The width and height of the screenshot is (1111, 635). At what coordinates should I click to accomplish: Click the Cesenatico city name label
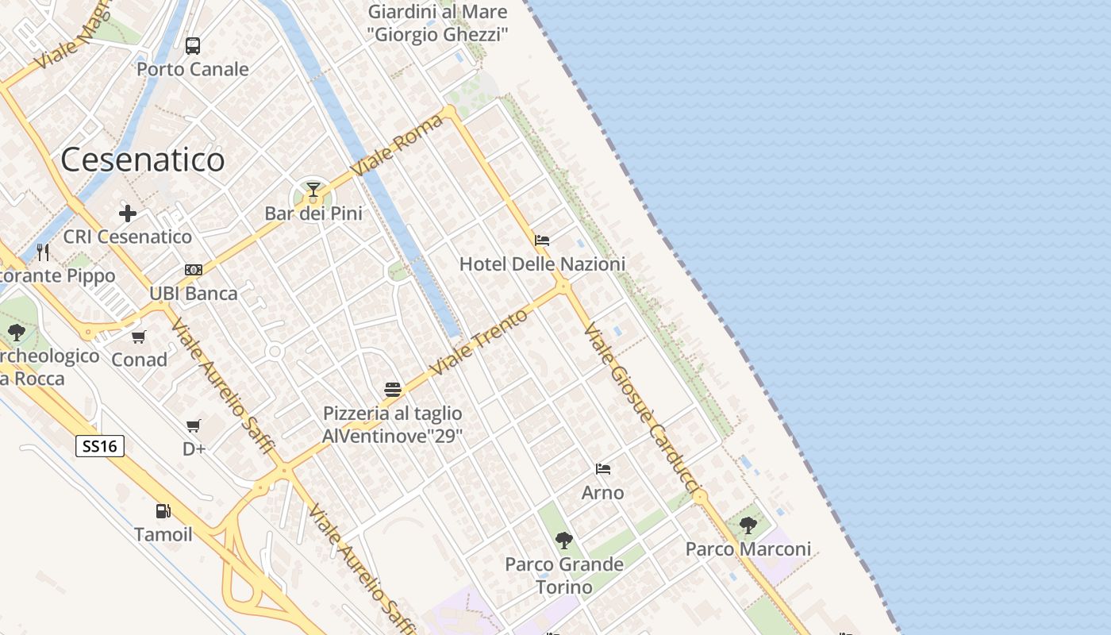(x=143, y=160)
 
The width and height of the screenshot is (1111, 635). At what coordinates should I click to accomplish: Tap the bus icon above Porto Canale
(x=193, y=45)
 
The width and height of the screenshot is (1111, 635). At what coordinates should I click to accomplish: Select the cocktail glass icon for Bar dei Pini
(x=313, y=190)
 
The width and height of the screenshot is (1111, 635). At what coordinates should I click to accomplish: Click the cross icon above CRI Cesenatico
(x=128, y=213)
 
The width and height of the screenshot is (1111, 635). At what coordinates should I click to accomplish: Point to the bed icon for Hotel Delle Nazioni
(x=542, y=240)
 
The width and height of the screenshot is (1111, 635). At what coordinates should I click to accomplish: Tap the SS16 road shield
(x=100, y=446)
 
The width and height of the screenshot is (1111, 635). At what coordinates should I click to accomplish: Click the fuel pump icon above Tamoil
(x=163, y=511)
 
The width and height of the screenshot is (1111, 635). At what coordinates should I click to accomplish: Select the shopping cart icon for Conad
(x=139, y=337)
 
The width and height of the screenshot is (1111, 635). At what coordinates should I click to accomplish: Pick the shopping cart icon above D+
(x=194, y=426)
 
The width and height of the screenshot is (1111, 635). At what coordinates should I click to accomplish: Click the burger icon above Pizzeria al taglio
(x=392, y=389)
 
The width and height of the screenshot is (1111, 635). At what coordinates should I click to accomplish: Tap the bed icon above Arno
(x=603, y=469)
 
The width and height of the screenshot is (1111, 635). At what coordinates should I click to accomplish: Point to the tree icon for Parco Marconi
(x=748, y=525)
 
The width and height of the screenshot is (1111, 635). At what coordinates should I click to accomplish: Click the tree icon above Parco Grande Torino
(x=564, y=541)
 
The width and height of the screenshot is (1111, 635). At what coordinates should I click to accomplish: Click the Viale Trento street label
(x=479, y=341)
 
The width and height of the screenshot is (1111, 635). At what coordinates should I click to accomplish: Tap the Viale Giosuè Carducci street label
(x=643, y=410)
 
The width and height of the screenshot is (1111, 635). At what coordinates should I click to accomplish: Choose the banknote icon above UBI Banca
(x=194, y=270)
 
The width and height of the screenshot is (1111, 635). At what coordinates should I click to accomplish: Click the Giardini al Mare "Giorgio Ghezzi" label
(x=437, y=23)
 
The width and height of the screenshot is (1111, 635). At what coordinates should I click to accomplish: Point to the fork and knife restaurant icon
(x=43, y=252)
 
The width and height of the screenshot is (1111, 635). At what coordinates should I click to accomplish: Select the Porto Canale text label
(x=193, y=69)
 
